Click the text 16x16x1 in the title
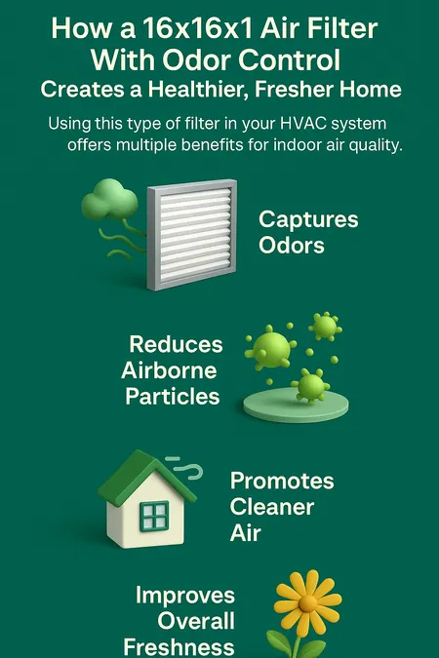click(198, 28)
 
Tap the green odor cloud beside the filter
click(109, 200)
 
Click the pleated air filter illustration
click(192, 235)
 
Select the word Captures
click(308, 220)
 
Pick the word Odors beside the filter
click(292, 246)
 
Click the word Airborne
click(169, 370)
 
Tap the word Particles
click(173, 396)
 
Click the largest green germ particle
click(271, 348)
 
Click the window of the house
click(154, 516)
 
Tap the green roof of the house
click(146, 477)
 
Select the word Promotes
click(282, 481)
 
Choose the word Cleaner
click(272, 507)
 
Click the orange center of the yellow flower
click(308, 603)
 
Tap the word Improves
click(185, 596)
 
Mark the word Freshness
click(179, 647)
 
